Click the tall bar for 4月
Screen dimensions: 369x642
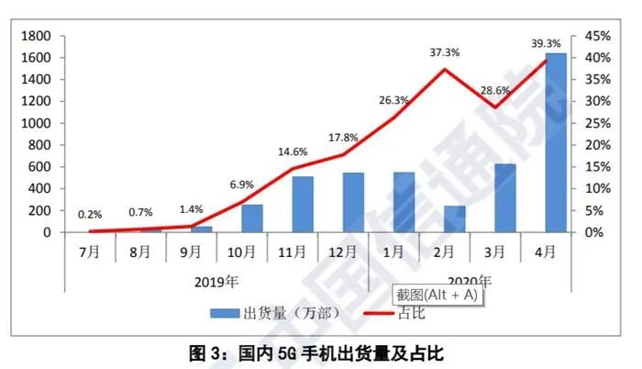(556, 142)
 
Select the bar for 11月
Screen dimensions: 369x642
(304, 204)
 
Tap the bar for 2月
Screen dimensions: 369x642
(454, 218)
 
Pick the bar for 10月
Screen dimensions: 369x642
(252, 218)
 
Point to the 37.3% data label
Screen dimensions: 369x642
(444, 53)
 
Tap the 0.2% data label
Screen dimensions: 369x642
(90, 214)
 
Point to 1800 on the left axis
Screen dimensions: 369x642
(38, 36)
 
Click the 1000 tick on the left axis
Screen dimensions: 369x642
(38, 123)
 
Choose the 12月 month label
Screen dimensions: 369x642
(343, 248)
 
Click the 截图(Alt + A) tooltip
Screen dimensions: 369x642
(437, 296)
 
